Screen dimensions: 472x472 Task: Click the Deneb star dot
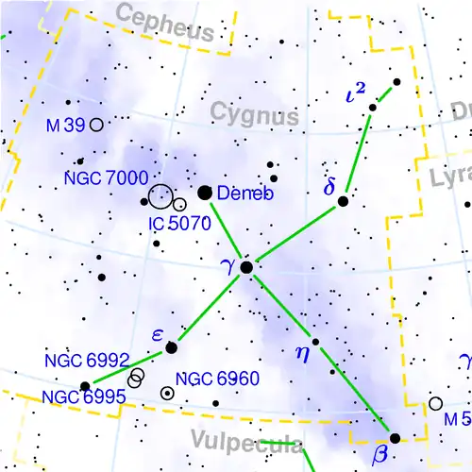point(204,193)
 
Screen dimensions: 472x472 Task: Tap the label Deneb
point(244,194)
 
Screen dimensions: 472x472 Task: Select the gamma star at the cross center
point(246,268)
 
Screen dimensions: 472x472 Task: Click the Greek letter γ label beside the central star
point(228,266)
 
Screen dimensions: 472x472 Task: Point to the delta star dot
point(344,201)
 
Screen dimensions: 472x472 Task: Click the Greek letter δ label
point(329,187)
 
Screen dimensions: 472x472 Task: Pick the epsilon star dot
point(171,348)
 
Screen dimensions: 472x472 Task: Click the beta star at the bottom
point(395,438)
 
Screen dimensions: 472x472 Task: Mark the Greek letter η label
point(302,354)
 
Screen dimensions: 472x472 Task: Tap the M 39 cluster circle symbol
point(96,125)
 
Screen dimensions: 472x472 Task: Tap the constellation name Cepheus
point(166,24)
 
